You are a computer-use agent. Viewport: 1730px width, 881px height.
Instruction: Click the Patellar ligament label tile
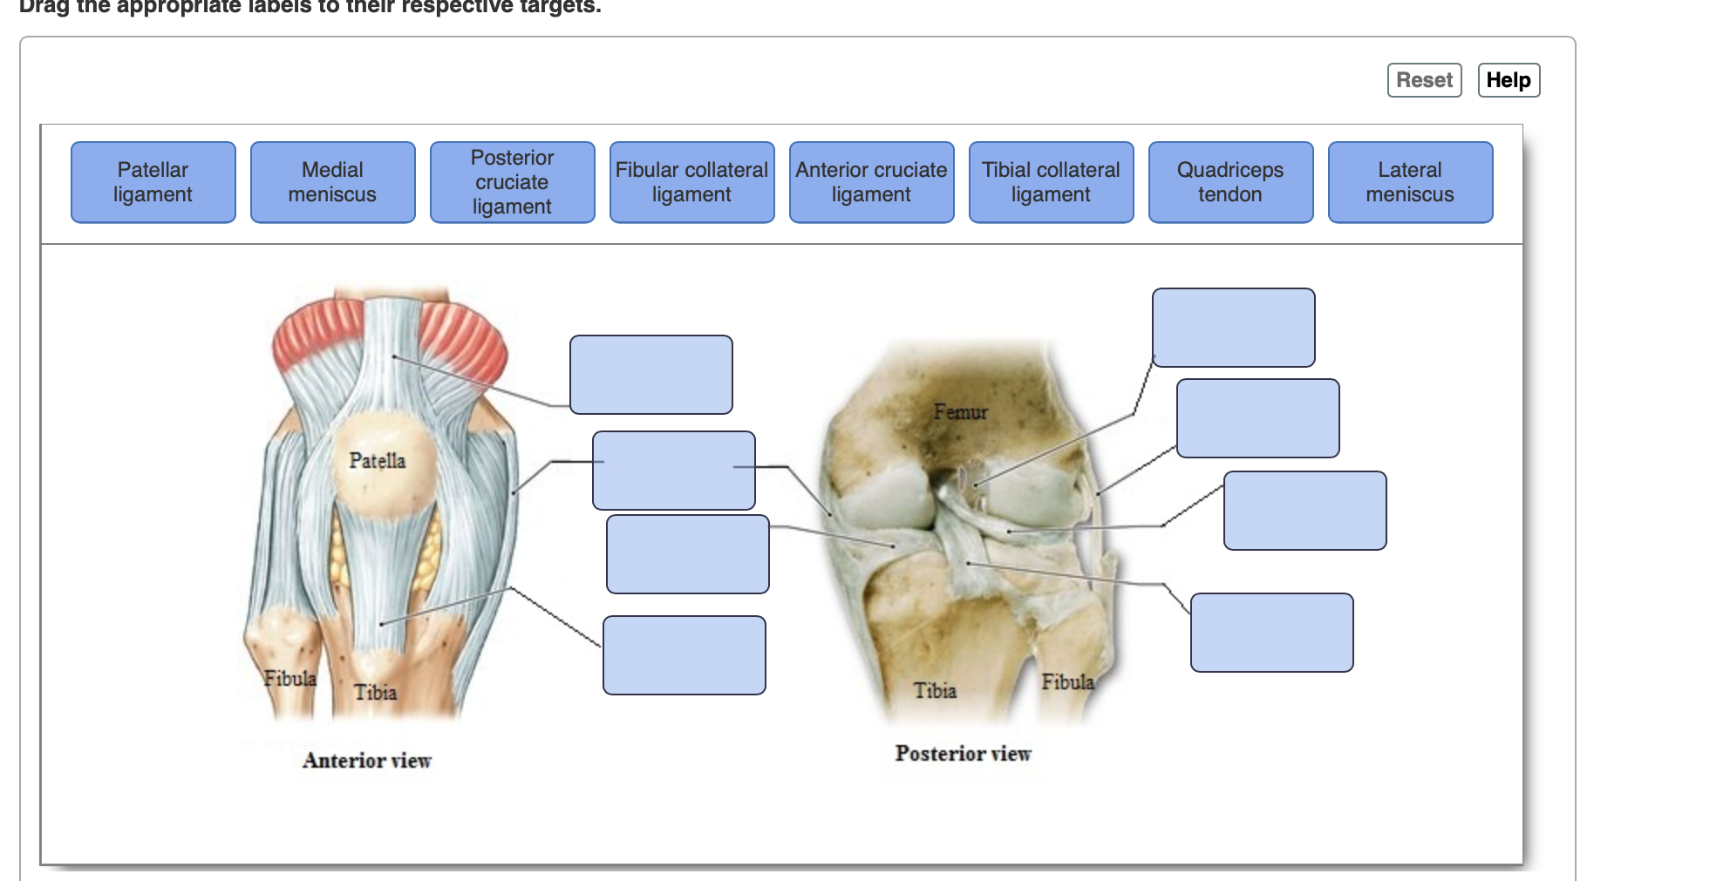click(153, 182)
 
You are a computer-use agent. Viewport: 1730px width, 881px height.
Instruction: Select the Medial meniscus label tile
click(332, 182)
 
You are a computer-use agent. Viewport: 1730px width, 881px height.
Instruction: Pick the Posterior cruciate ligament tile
click(512, 182)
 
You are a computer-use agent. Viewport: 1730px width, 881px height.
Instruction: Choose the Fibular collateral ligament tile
click(691, 182)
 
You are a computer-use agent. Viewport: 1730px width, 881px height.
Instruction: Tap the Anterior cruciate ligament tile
click(871, 182)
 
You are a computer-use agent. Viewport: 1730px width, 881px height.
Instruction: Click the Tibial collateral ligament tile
click(1051, 182)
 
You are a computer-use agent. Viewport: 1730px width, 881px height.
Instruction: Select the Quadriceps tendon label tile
click(1230, 182)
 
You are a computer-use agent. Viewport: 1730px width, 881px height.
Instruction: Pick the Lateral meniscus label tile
click(1410, 182)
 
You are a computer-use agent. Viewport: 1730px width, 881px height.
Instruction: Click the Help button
click(1509, 80)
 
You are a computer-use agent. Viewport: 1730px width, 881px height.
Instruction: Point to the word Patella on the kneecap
click(377, 460)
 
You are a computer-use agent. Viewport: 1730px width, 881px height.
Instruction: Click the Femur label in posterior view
click(960, 411)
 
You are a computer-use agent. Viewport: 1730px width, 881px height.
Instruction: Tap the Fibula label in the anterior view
click(290, 678)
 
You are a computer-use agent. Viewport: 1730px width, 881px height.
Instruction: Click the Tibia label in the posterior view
click(935, 690)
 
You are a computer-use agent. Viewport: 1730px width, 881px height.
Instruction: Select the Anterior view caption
click(366, 761)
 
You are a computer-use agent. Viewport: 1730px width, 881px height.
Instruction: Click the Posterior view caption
click(963, 754)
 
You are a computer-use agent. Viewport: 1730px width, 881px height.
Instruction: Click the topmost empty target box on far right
click(1233, 328)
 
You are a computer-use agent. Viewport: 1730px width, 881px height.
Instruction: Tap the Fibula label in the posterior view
click(1067, 681)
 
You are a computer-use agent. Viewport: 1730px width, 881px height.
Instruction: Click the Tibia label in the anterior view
click(375, 692)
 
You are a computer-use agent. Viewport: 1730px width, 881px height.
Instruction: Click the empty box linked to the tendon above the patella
click(650, 375)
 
